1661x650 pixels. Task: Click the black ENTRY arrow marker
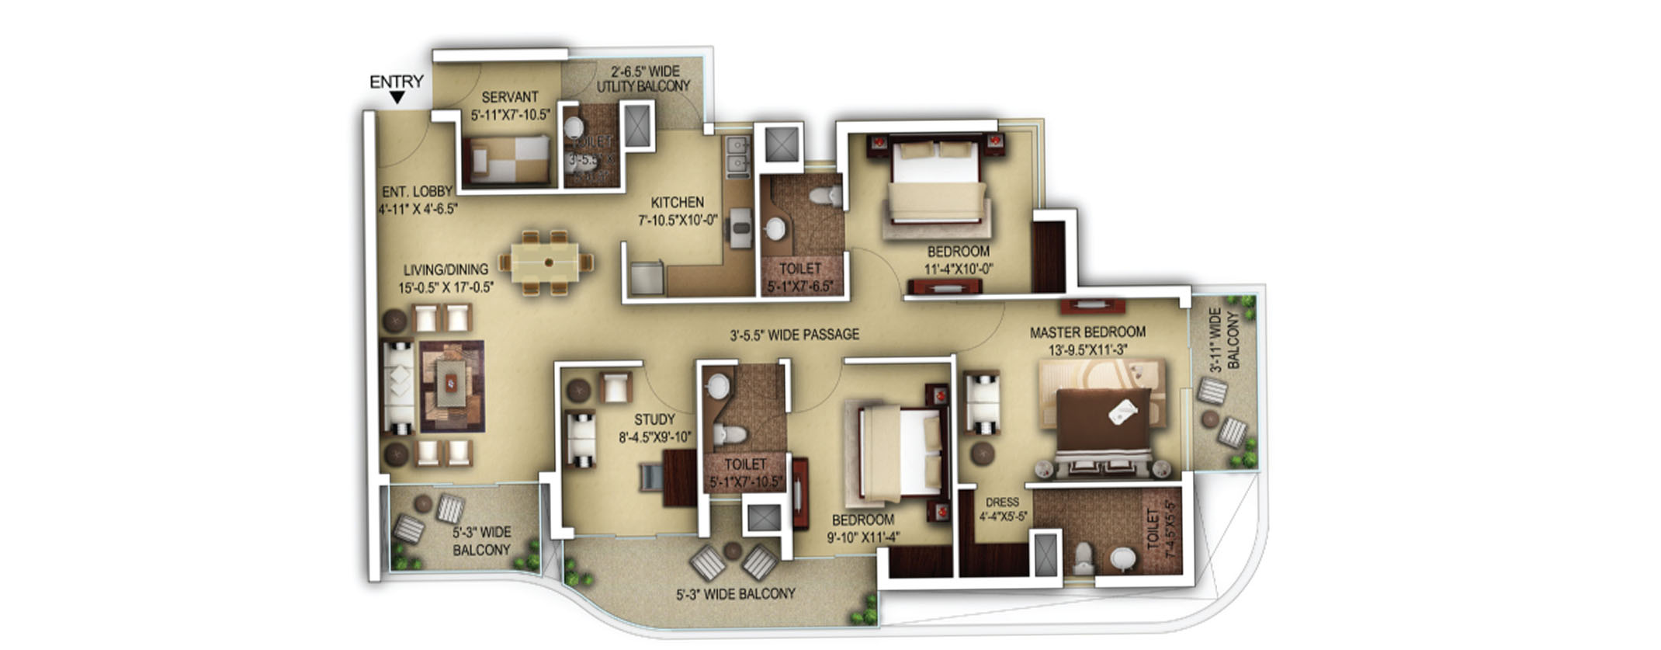coord(397,98)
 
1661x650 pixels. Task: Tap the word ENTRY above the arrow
coord(396,82)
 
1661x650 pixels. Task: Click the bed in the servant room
coord(508,159)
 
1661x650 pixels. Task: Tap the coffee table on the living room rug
coord(451,383)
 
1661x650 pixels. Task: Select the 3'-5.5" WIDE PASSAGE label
coord(794,335)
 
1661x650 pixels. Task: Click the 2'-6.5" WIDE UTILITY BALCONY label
coord(643,78)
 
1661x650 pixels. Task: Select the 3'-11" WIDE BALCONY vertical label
coord(1225,339)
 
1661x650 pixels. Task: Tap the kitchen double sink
coord(737,155)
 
